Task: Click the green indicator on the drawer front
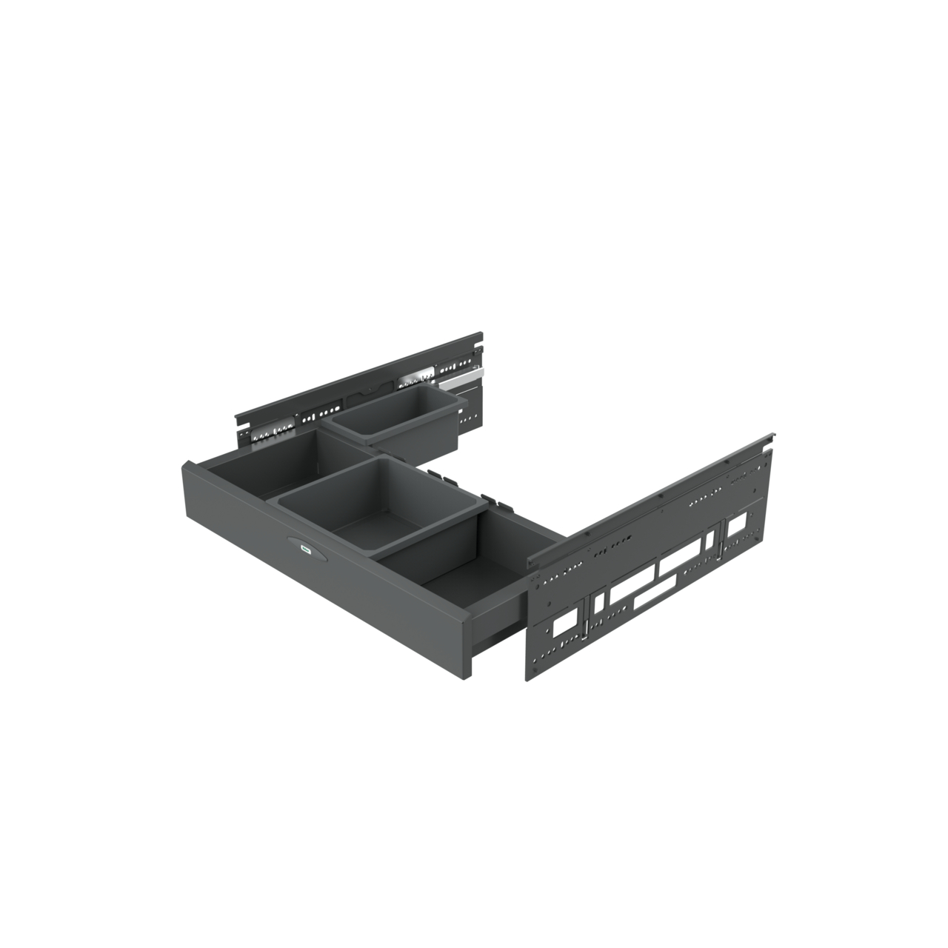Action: coord(304,550)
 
